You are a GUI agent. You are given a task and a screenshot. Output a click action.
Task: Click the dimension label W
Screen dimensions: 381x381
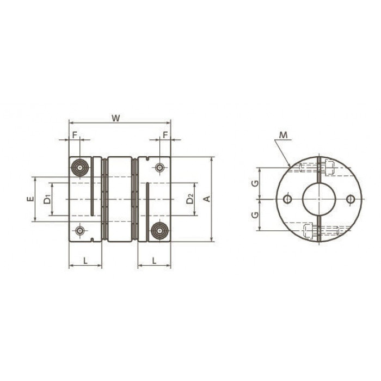click(x=116, y=118)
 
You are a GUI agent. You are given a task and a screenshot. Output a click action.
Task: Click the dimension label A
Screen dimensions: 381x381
click(x=207, y=199)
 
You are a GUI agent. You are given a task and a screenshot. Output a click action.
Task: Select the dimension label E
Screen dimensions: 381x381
click(x=30, y=199)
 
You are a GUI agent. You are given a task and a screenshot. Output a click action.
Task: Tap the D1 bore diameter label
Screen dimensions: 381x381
click(x=47, y=200)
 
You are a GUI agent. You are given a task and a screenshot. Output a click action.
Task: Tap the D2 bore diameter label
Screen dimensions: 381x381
click(x=190, y=199)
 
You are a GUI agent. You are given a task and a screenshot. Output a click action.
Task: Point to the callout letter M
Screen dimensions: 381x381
click(x=283, y=135)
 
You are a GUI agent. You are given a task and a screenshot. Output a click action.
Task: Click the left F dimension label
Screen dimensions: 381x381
click(x=75, y=135)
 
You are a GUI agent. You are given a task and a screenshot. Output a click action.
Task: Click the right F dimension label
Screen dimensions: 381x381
click(x=165, y=135)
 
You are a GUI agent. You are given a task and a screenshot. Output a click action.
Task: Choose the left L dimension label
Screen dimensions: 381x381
click(x=85, y=261)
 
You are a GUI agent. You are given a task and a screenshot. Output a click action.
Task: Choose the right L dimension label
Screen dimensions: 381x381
click(x=154, y=261)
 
